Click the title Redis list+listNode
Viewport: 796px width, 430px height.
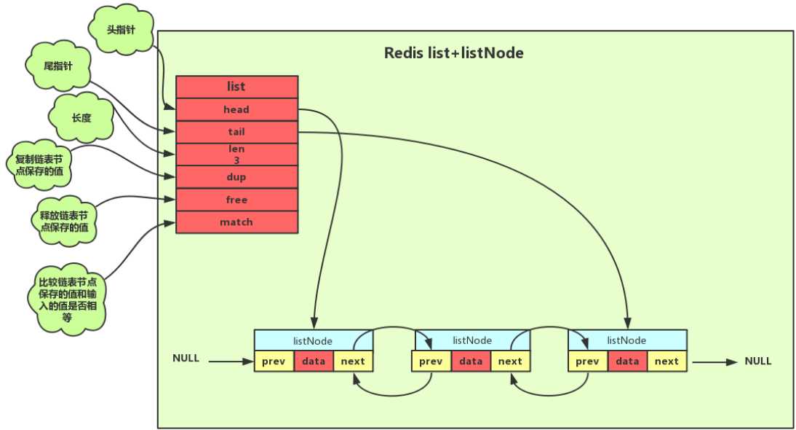tap(453, 53)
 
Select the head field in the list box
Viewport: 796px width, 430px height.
tap(236, 109)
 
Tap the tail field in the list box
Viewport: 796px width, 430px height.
tap(236, 132)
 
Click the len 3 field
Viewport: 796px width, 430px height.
tap(236, 154)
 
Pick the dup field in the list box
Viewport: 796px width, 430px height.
tap(236, 177)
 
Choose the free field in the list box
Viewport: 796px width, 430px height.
tap(236, 200)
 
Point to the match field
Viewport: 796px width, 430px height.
tap(236, 222)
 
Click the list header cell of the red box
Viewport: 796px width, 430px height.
tap(236, 86)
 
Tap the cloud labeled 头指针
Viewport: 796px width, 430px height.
tap(121, 30)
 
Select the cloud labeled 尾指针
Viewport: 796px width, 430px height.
tap(58, 66)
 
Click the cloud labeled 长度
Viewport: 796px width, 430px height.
tap(81, 117)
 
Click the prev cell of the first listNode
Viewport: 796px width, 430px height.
tap(274, 361)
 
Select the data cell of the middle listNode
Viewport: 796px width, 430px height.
tap(471, 361)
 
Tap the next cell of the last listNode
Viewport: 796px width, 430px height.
tap(666, 361)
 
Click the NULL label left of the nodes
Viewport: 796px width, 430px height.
tap(186, 359)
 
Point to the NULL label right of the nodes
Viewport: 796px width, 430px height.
tap(758, 361)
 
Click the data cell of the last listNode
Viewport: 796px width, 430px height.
tap(627, 361)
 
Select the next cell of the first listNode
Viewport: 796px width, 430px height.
tap(353, 361)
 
